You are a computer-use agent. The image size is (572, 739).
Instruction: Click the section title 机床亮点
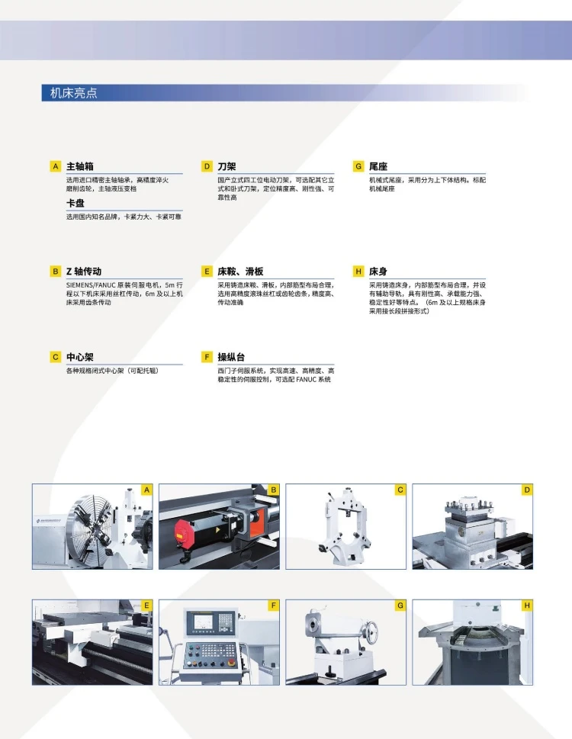point(73,93)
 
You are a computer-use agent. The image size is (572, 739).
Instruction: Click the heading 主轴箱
point(79,166)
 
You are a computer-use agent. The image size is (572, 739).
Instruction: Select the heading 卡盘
point(75,203)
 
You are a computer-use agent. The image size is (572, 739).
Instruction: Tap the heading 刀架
point(227,166)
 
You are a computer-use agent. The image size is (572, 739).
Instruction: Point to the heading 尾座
point(378,166)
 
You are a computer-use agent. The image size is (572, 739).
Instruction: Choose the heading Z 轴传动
point(84,272)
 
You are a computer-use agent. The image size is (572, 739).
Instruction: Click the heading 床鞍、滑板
point(240,272)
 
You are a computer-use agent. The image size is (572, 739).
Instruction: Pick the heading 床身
point(378,272)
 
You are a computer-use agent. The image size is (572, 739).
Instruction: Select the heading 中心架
point(79,357)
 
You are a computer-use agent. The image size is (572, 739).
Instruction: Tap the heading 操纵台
point(231,357)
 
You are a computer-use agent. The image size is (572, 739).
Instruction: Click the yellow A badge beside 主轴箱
point(56,166)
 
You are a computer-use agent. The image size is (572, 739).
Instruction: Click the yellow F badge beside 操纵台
point(207,357)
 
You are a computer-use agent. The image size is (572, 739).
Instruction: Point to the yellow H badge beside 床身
point(358,271)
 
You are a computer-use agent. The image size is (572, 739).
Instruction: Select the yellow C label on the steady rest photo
point(400,490)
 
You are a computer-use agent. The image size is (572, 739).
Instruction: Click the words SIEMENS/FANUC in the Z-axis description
point(91,285)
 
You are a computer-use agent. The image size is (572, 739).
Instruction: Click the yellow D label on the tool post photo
point(527,490)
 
